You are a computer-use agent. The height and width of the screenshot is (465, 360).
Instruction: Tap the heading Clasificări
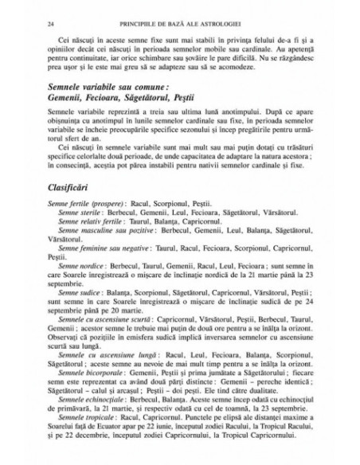[x=74, y=212]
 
